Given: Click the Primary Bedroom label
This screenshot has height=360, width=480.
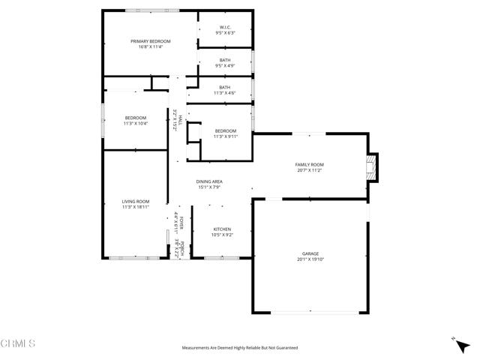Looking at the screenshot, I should [151, 41].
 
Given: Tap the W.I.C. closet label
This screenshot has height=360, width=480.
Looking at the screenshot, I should [225, 28].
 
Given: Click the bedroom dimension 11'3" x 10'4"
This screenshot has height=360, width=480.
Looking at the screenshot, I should [136, 123].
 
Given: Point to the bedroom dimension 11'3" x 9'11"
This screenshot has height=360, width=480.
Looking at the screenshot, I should [225, 136].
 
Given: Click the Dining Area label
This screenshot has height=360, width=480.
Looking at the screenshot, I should [209, 181].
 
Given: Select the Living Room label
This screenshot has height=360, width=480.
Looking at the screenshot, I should [136, 201].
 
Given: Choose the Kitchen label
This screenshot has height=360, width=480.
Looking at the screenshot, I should [222, 229].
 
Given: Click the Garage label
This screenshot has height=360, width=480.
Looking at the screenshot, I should [310, 254].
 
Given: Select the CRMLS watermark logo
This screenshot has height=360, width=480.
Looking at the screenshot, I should [19, 343].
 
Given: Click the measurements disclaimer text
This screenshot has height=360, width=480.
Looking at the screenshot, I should [240, 348].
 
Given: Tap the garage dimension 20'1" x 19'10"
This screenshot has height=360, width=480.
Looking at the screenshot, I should [310, 259].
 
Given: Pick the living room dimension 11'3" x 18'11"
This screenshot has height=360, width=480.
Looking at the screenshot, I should [136, 206].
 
